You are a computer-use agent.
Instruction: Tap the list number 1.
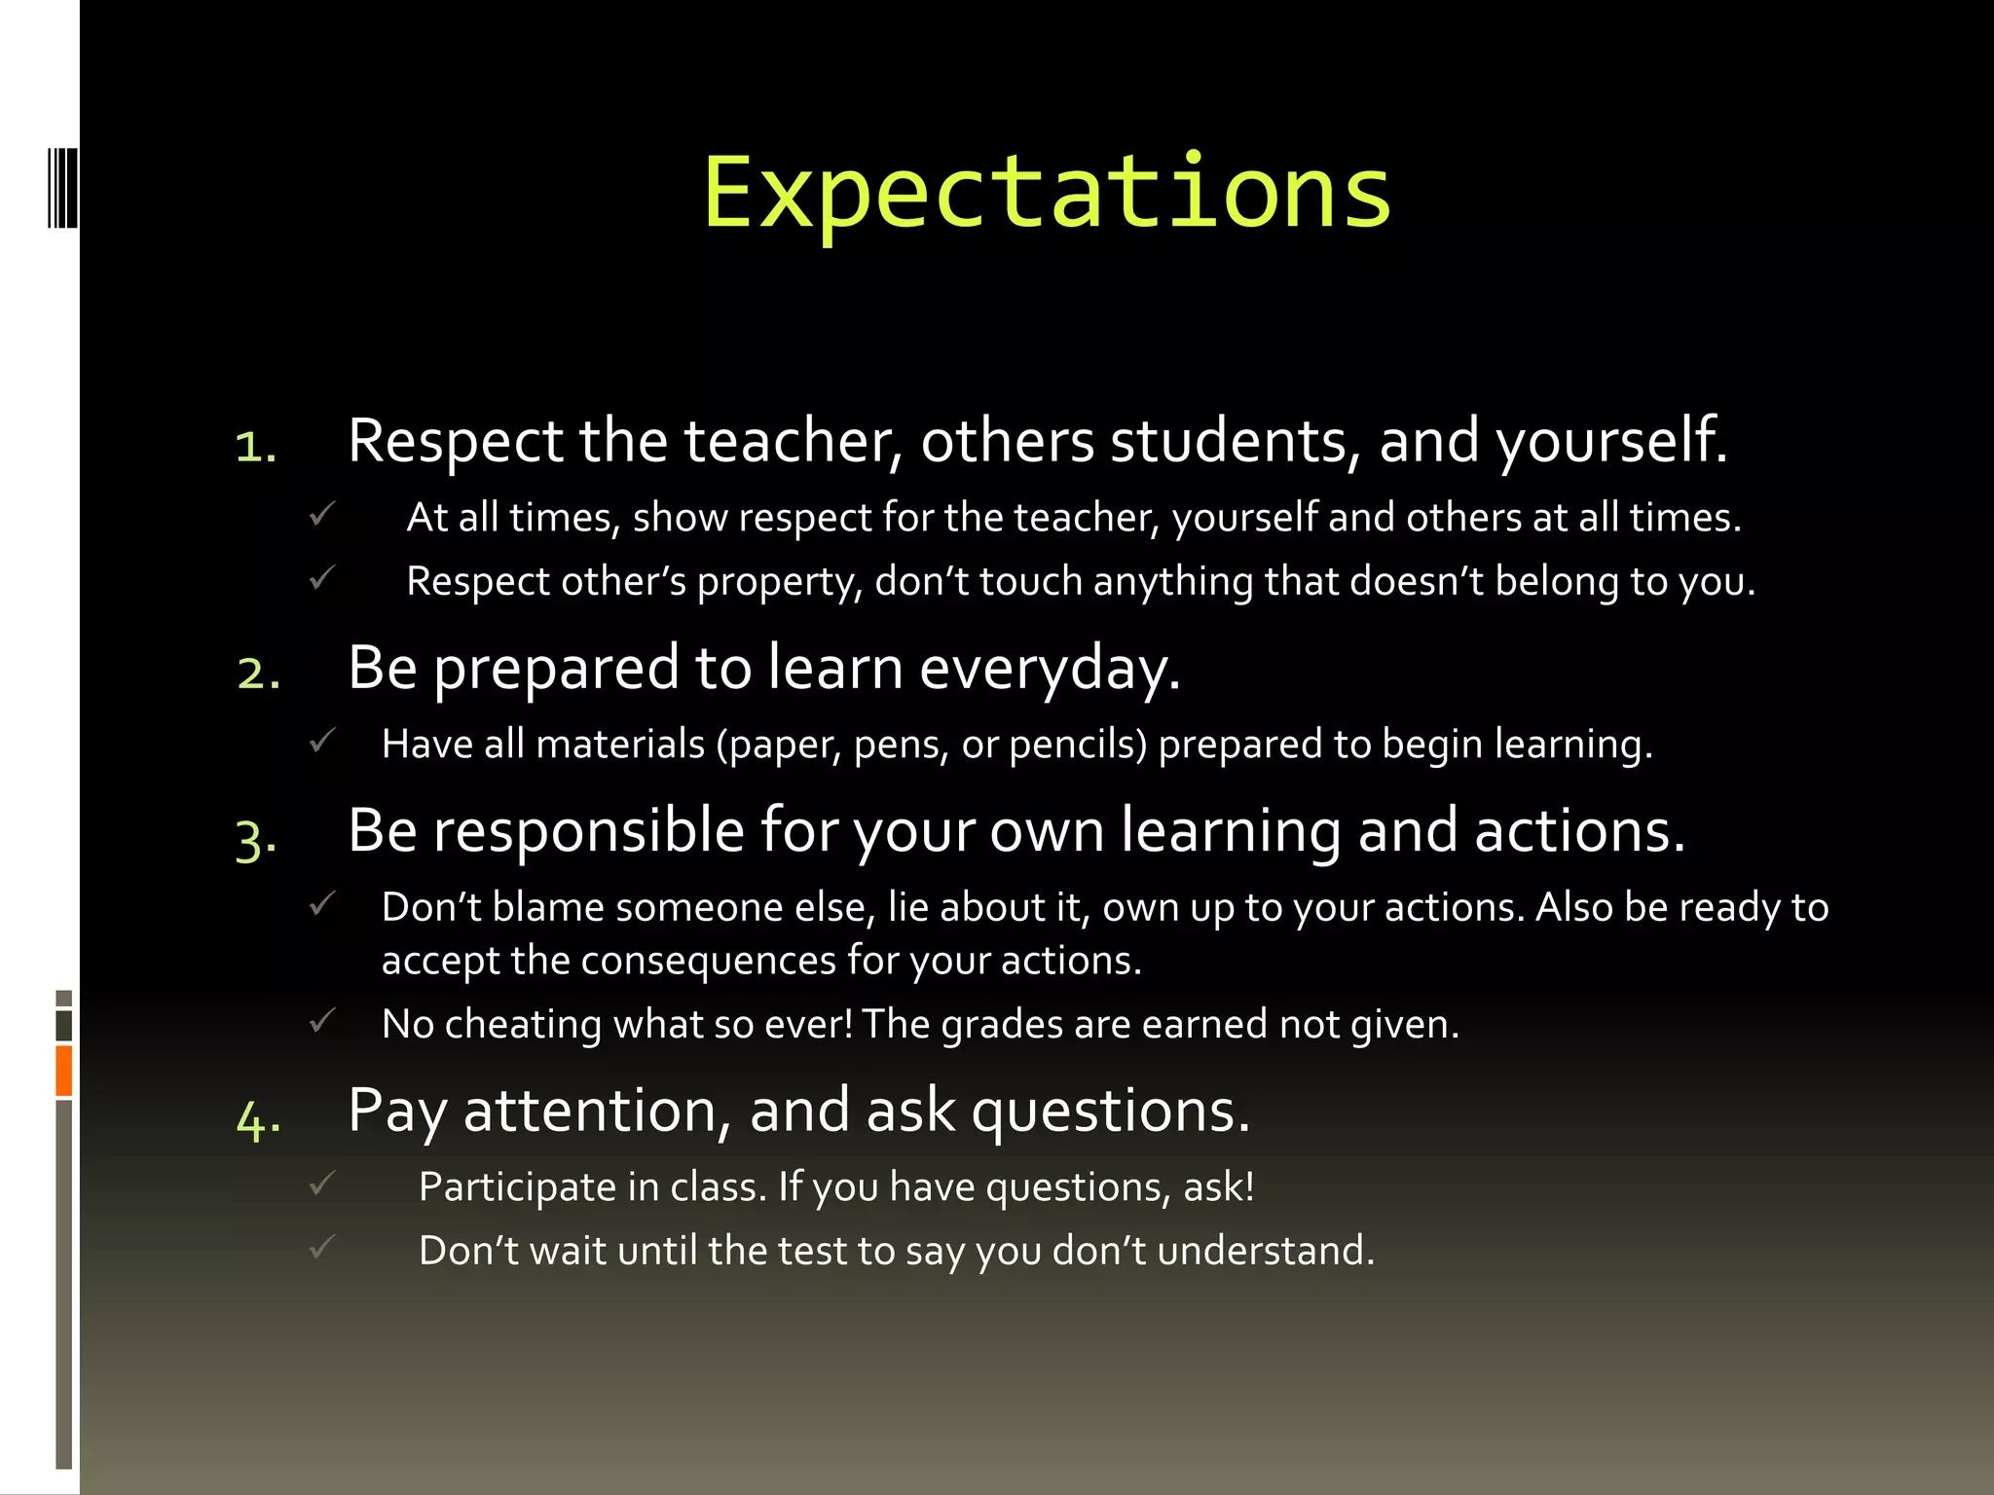(256, 447)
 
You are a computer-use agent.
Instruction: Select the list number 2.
(259, 673)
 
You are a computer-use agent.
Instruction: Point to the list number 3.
(256, 838)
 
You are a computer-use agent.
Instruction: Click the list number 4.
(259, 1118)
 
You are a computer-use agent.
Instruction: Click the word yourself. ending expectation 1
(1611, 441)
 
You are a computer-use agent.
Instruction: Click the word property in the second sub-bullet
(779, 582)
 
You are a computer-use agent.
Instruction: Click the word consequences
(708, 961)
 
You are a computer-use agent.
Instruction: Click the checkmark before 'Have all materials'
(322, 741)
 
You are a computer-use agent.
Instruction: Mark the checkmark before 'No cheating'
(322, 1021)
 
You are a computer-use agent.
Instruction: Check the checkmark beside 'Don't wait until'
(322, 1247)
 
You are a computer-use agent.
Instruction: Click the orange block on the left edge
(64, 1071)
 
